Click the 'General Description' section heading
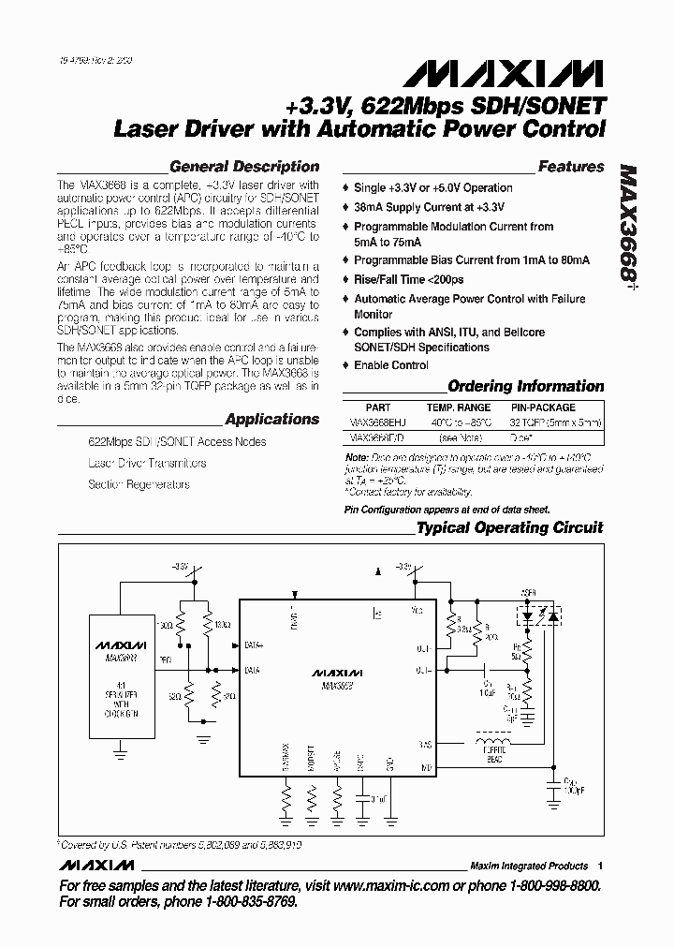pyautogui.click(x=244, y=167)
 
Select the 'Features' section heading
pyautogui.click(x=571, y=167)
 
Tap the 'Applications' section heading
pyautogui.click(x=272, y=420)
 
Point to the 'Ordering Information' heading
pyautogui.click(x=526, y=386)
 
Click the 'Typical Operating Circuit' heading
pyautogui.click(x=510, y=528)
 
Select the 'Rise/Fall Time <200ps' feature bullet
pyautogui.click(x=409, y=279)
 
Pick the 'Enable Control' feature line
pyautogui.click(x=391, y=364)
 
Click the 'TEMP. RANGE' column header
pyautogui.click(x=458, y=407)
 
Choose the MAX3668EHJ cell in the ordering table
pyautogui.click(x=378, y=422)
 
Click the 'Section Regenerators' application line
pyautogui.click(x=139, y=484)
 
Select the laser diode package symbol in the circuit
pyautogui.click(x=537, y=618)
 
